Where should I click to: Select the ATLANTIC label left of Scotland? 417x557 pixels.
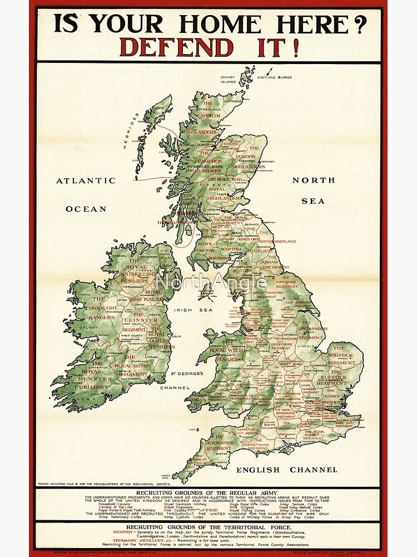click(86, 180)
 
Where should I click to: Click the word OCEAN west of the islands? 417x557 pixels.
click(86, 209)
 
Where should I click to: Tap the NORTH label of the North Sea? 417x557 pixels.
click(314, 180)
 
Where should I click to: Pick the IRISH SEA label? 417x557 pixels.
click(188, 310)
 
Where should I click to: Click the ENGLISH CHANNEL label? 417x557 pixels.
click(286, 470)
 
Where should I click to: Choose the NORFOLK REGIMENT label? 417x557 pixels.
click(341, 359)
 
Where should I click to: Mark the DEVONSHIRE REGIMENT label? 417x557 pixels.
click(218, 444)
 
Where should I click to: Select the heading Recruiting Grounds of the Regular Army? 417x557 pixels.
click(208, 493)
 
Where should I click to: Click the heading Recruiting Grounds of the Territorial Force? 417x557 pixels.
click(208, 526)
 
